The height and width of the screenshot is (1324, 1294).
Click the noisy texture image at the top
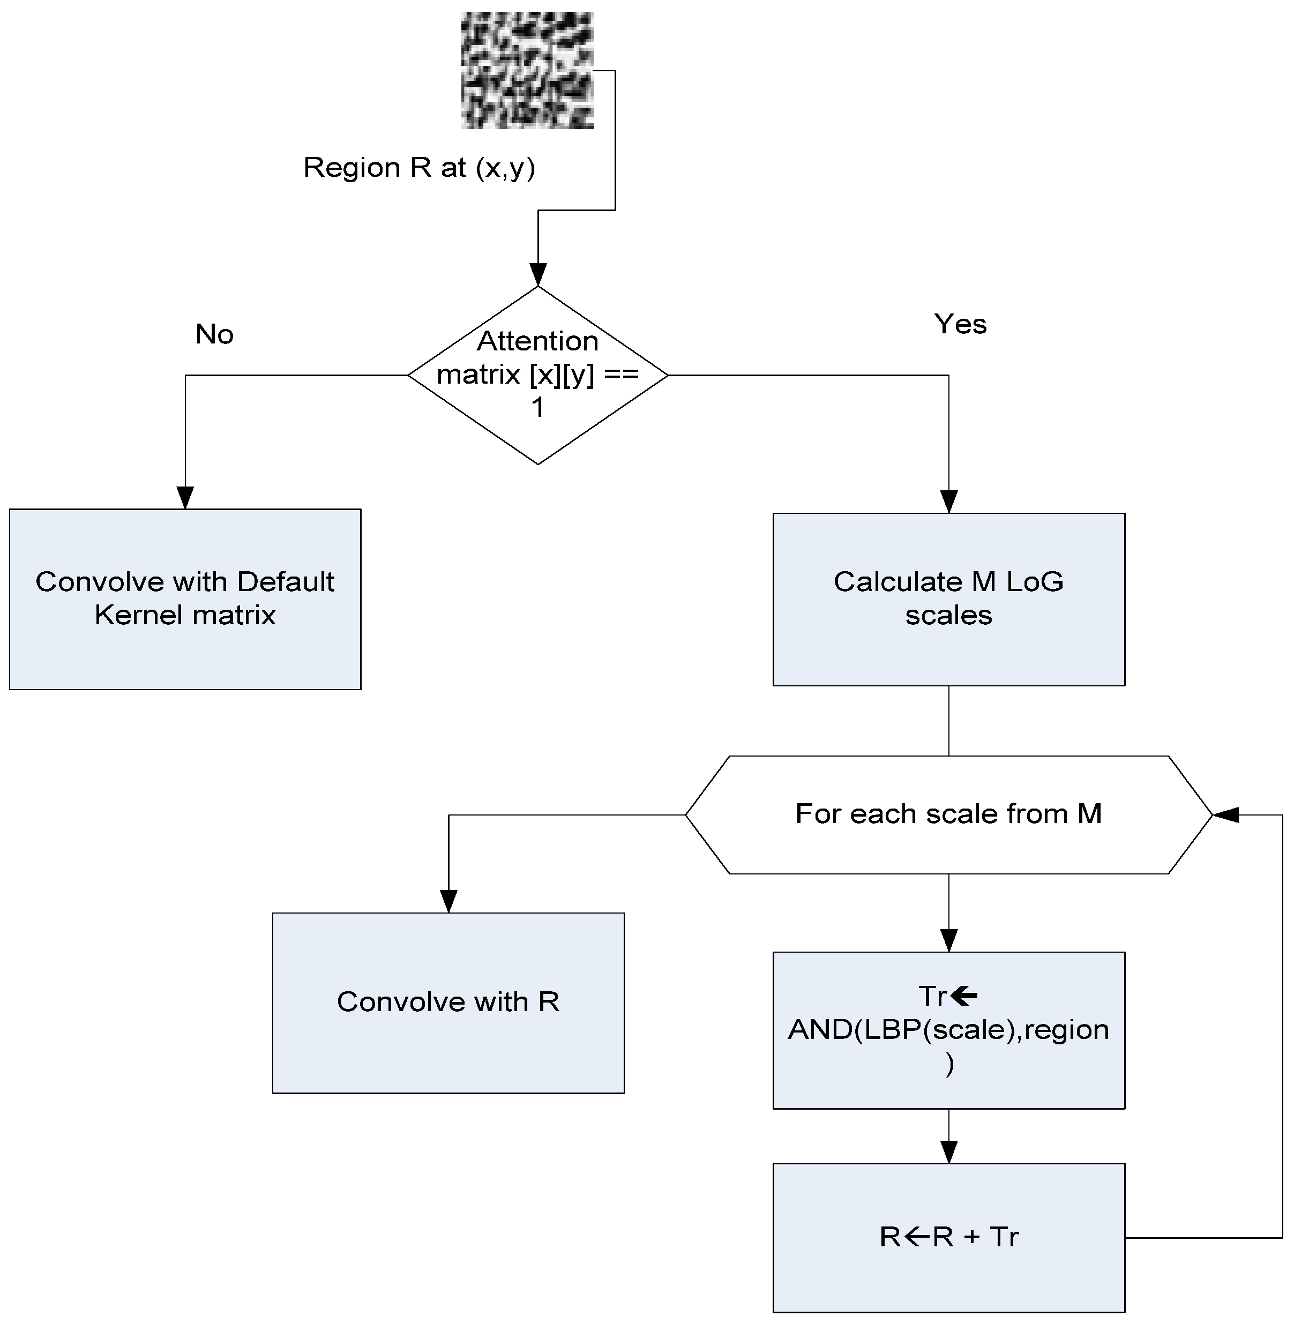click(527, 70)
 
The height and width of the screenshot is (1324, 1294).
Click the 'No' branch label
click(214, 334)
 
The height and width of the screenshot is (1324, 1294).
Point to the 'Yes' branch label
click(960, 324)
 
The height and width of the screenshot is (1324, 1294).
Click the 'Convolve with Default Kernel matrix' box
click(185, 599)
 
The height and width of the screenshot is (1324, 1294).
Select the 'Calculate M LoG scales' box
click(949, 599)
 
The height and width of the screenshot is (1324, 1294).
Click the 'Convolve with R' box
click(448, 1003)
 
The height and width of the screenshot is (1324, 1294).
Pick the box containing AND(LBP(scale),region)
click(949, 1030)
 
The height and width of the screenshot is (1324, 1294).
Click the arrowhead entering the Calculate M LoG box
click(949, 501)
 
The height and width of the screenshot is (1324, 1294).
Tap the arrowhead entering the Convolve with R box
click(448, 901)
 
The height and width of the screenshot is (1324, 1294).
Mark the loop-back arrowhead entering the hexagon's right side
click(1225, 814)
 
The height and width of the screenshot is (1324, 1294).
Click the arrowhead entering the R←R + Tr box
click(949, 1152)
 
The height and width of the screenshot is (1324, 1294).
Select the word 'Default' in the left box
click(286, 582)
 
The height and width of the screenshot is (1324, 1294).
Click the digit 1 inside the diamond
click(537, 407)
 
